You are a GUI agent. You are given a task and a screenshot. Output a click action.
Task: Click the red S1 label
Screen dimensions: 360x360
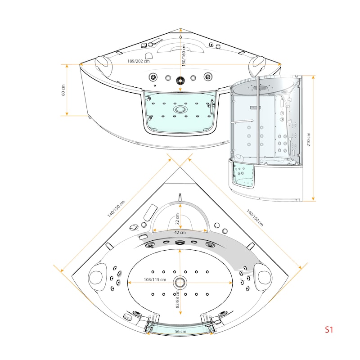[329, 330]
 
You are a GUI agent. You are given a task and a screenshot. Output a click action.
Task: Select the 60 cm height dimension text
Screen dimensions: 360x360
[63, 90]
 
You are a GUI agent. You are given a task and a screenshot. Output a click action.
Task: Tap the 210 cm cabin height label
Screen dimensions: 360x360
[308, 139]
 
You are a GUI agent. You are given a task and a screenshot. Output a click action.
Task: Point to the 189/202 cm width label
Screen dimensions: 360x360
[139, 61]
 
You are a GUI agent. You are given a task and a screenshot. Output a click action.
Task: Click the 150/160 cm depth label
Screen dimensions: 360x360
[184, 55]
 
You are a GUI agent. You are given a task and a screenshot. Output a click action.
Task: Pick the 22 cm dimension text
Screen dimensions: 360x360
[177, 219]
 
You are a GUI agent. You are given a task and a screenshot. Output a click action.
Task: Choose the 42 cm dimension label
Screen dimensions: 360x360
[180, 232]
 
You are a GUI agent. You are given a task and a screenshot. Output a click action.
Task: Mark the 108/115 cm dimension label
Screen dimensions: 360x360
[155, 279]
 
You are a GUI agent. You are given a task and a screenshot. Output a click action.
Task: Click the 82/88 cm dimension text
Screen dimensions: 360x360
[177, 299]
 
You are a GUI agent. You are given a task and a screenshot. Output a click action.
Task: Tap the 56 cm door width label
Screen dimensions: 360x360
[180, 331]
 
